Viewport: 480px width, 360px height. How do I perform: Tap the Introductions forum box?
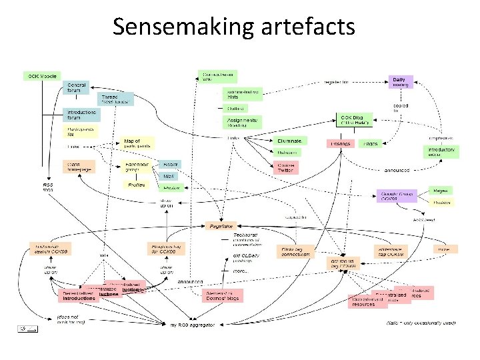(79, 115)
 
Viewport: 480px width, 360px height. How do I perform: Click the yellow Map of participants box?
(137, 143)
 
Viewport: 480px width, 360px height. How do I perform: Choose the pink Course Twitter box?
(286, 167)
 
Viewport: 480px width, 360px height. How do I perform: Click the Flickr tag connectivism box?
(293, 251)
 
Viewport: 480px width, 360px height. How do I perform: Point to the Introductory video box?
(441, 152)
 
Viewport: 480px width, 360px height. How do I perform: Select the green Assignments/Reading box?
(241, 122)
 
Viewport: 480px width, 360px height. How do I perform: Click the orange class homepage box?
(79, 166)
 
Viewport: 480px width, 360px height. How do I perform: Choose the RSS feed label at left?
(47, 188)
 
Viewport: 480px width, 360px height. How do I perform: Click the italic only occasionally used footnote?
(422, 323)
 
